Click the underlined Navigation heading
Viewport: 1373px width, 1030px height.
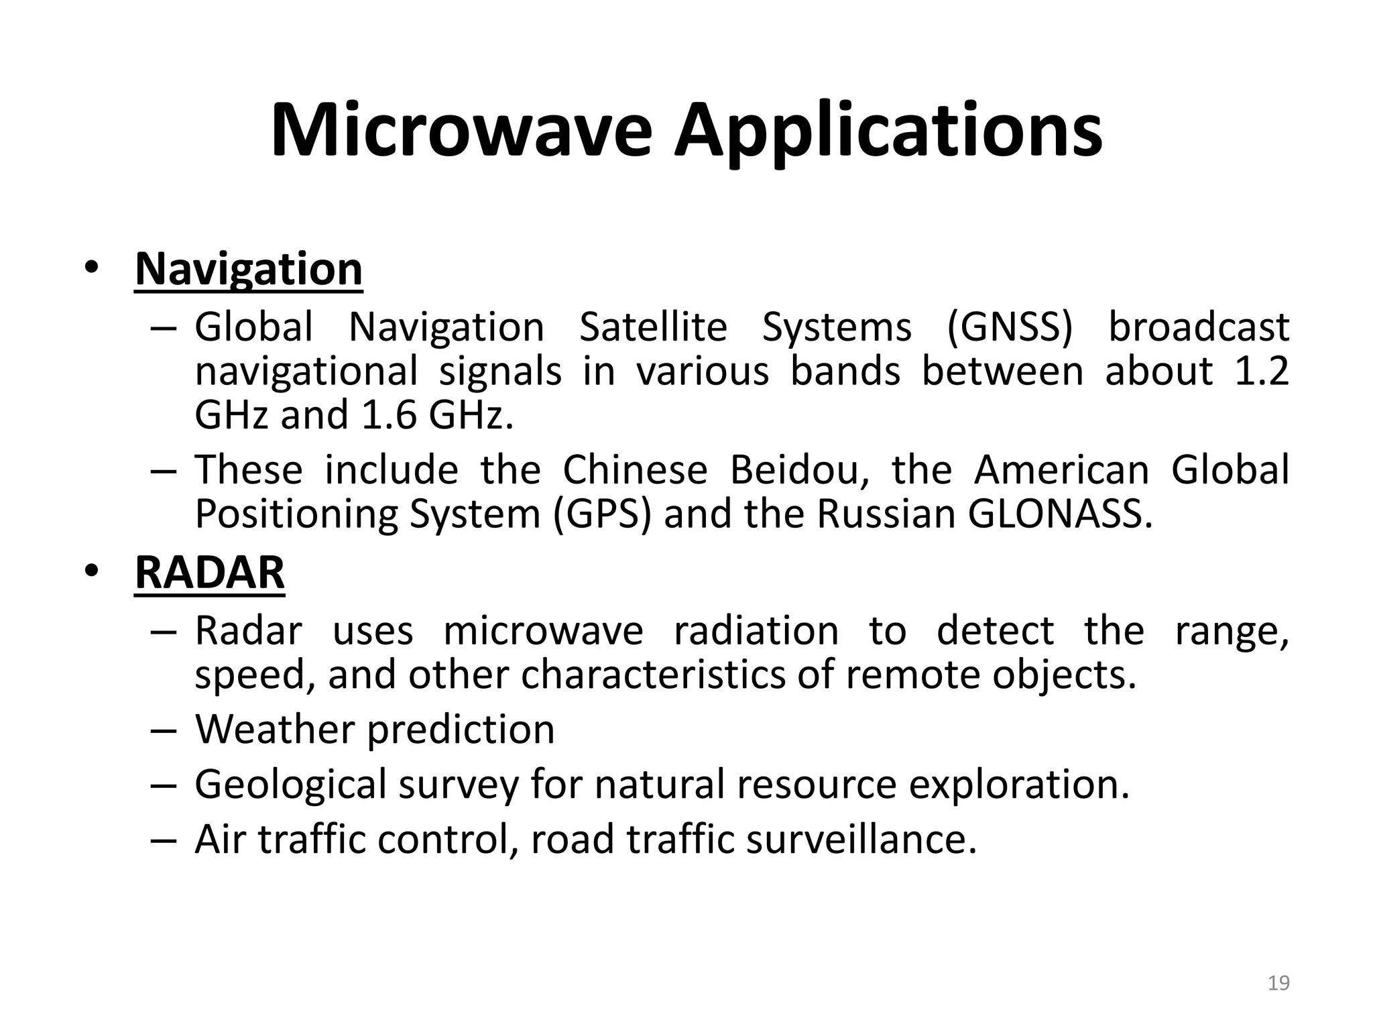249,269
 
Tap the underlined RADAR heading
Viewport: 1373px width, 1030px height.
210,573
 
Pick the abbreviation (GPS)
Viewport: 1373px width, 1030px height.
602,514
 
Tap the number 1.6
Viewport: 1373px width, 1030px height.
389,416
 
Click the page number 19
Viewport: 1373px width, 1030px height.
1278,983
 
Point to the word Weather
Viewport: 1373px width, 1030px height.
274,729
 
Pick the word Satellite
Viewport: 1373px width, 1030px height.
653,328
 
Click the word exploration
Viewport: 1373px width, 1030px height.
1019,785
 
